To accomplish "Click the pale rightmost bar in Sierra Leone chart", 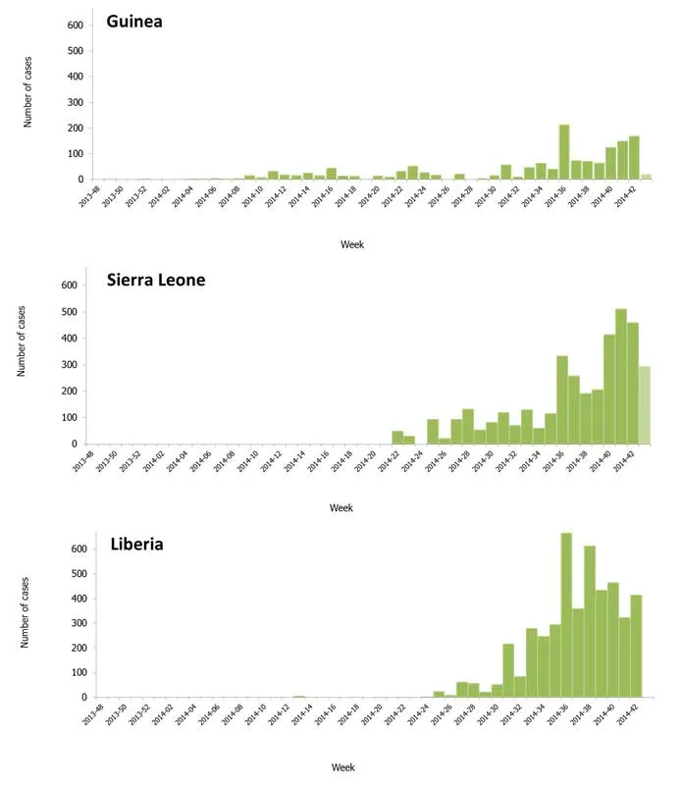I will coord(644,405).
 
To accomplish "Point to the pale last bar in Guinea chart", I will coord(645,177).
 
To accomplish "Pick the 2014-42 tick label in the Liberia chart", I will coord(624,713).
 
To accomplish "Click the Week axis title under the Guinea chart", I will coord(351,244).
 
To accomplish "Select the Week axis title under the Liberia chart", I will coord(341,767).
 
